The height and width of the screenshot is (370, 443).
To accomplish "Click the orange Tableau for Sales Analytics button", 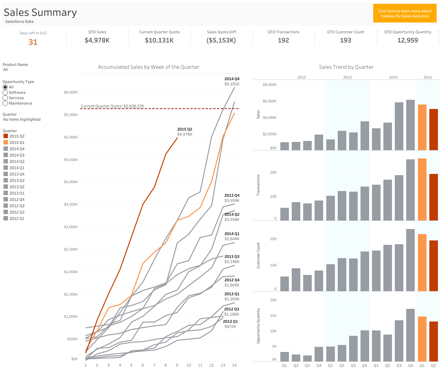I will point(405,13).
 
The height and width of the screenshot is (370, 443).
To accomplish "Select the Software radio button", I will point(5,92).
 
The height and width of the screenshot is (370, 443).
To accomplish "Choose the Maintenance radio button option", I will point(5,103).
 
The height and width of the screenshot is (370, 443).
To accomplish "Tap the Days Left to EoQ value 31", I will point(33,42).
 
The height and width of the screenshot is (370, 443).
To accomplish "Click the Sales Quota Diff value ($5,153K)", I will point(221,40).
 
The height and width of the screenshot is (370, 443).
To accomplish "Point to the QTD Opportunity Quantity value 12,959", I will point(407,40).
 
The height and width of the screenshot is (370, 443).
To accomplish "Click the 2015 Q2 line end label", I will point(185,131).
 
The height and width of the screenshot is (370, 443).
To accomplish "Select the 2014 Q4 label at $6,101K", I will point(232,81).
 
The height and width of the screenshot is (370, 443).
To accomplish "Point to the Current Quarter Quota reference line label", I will point(112,106).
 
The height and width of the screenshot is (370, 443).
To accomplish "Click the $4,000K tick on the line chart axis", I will point(71,182).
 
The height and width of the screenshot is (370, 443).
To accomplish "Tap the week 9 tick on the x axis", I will point(177,365).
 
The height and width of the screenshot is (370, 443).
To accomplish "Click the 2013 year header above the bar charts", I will point(347,77).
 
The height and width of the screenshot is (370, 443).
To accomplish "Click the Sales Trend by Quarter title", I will point(346,67).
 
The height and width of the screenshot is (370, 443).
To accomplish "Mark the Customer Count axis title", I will point(258,256).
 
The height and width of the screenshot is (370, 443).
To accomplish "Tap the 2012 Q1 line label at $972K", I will point(230,324).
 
